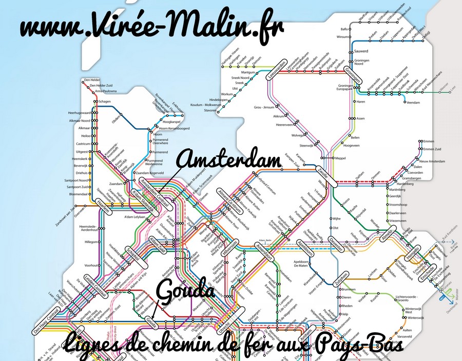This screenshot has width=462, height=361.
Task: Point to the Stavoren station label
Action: pyautogui.click(x=211, y=110)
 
